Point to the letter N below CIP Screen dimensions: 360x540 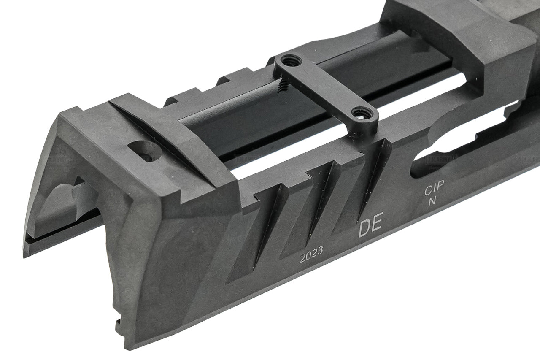point(432,202)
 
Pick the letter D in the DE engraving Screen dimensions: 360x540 point(364,230)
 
